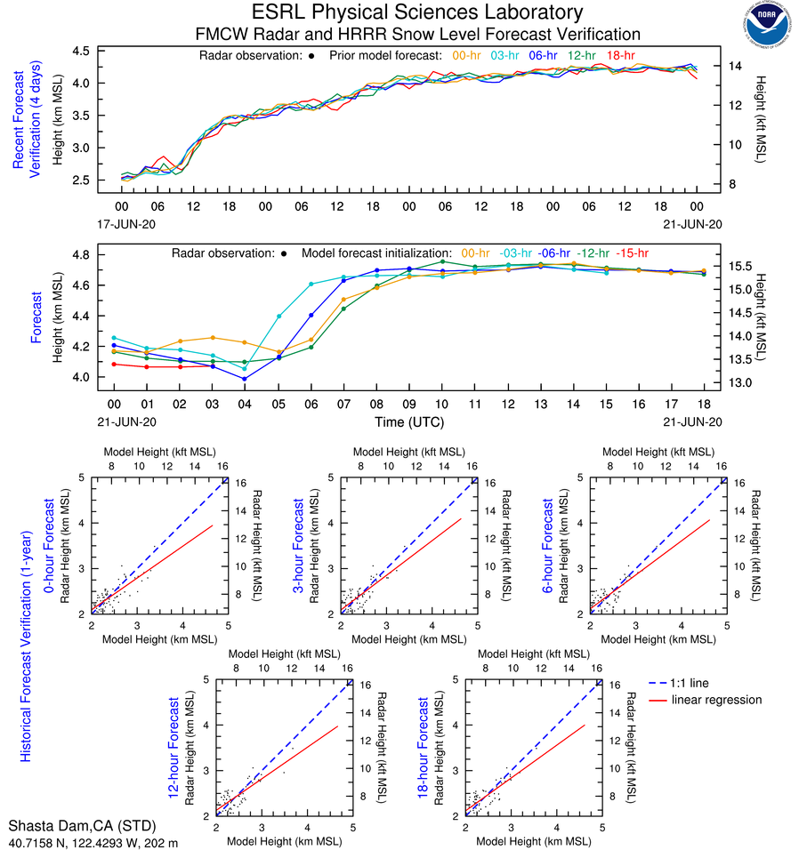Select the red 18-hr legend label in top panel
tap(620, 55)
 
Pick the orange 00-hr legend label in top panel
tap(468, 55)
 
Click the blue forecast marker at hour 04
tap(245, 379)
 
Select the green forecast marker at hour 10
tap(442, 261)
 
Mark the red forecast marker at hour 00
tap(114, 364)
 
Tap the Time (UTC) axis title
tap(408, 421)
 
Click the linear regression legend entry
tap(717, 700)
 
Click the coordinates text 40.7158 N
tap(37, 840)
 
